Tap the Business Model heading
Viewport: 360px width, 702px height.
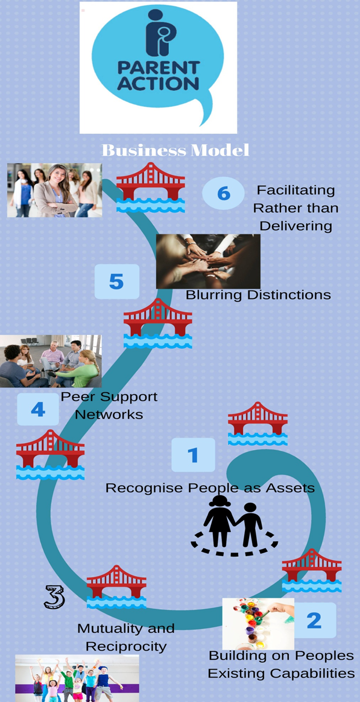pyautogui.click(x=176, y=151)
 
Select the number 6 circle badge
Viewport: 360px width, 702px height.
pyautogui.click(x=223, y=193)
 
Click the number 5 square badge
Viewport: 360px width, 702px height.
pyautogui.click(x=117, y=281)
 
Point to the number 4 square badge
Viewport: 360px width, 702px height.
pyautogui.click(x=38, y=409)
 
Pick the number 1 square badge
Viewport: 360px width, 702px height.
pyautogui.click(x=193, y=455)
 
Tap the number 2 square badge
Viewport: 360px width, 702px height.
pyautogui.click(x=314, y=620)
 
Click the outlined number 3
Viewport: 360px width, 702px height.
pyautogui.click(x=54, y=597)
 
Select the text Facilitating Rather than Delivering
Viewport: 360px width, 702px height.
pyautogui.click(x=295, y=208)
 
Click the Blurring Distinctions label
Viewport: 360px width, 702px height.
pyautogui.click(x=258, y=295)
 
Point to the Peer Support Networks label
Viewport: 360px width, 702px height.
pyautogui.click(x=109, y=405)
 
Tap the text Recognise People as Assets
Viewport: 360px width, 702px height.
pyautogui.click(x=210, y=488)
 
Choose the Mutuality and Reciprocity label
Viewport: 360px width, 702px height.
pyautogui.click(x=126, y=637)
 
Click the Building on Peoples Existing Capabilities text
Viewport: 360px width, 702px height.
pyautogui.click(x=281, y=664)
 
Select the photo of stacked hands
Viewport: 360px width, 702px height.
pyautogui.click(x=208, y=260)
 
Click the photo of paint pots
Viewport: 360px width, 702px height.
pyautogui.click(x=258, y=623)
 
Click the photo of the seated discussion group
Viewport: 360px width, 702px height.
pyautogui.click(x=51, y=361)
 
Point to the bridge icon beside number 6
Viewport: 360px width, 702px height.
pyautogui.click(x=151, y=187)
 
